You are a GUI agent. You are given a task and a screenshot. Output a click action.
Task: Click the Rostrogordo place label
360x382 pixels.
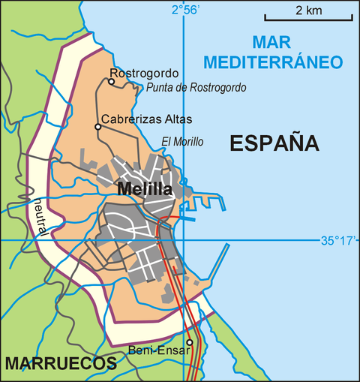[x=144, y=73]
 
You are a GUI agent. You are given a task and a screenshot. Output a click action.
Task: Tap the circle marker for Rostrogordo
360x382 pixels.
[x=112, y=81]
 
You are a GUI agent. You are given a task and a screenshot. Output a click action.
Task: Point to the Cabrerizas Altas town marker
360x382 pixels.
[x=97, y=127]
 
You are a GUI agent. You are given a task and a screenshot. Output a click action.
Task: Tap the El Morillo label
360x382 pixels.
[x=182, y=141]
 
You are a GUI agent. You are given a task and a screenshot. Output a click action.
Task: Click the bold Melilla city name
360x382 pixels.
[x=145, y=190]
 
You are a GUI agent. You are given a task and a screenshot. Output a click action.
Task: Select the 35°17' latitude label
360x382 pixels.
[x=340, y=241]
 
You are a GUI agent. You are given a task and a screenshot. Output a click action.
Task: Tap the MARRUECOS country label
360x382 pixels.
[x=61, y=364]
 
